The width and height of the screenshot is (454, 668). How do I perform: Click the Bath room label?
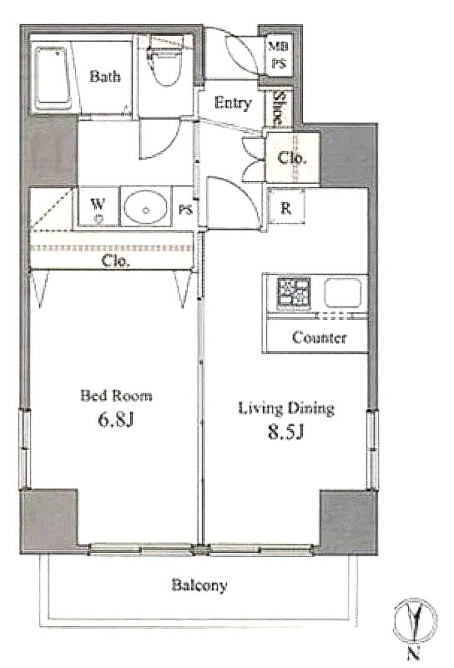[x=105, y=77]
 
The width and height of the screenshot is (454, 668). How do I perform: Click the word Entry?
[x=233, y=103]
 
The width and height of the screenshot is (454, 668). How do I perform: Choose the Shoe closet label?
[x=278, y=109]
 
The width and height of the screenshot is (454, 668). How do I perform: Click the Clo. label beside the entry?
[x=292, y=159]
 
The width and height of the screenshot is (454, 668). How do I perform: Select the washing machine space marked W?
[x=98, y=206]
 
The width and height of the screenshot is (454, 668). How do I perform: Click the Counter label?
[x=320, y=338]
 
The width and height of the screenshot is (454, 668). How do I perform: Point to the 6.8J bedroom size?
[x=116, y=420]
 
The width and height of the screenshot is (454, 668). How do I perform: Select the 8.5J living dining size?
[x=285, y=432]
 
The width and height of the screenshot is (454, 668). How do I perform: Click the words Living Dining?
[x=285, y=408]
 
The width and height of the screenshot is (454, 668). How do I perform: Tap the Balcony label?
[x=199, y=586]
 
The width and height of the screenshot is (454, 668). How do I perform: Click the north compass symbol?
[x=415, y=621]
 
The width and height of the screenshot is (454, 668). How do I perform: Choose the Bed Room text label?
[x=116, y=396]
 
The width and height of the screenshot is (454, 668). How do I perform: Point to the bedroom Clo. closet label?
[x=115, y=261]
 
